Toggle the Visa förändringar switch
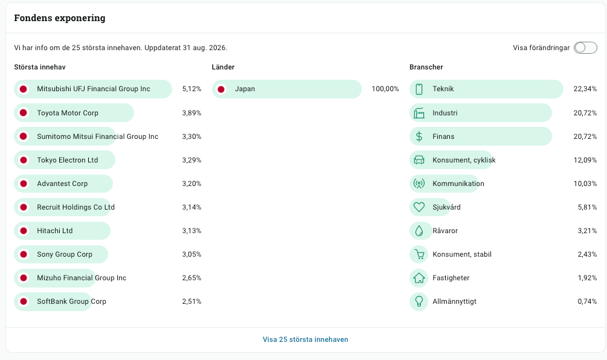coord(585,48)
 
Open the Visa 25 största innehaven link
coord(306,339)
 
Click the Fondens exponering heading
coord(60,18)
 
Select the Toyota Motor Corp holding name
coord(68,113)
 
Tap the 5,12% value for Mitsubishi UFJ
coord(191,89)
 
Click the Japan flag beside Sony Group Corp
coord(24,254)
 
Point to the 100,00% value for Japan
coord(385,89)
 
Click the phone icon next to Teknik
coord(419,89)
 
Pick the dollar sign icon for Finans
coord(419,137)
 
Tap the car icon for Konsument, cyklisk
coord(419,160)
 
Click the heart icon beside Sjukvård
coord(419,207)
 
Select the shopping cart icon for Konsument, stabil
coord(419,254)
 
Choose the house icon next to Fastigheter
coord(419,277)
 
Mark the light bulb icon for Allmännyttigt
coord(419,301)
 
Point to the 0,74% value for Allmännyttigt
coord(587,301)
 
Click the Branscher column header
coord(426,67)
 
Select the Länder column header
coord(223,67)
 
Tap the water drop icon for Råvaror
coord(419,231)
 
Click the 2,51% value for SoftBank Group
coord(191,301)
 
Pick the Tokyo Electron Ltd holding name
coord(68,160)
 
